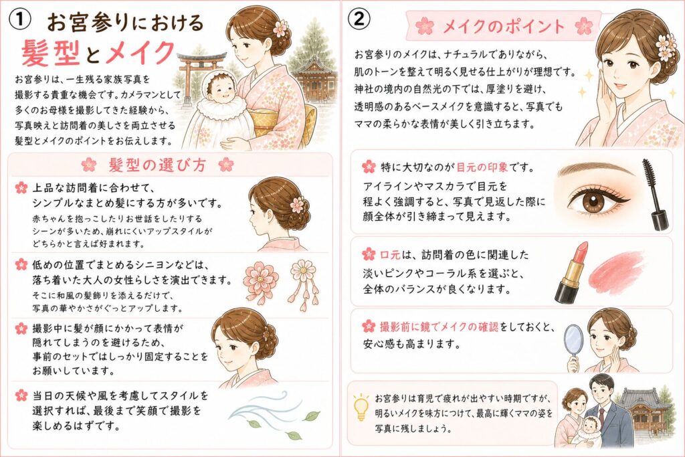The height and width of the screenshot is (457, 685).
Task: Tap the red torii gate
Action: (x=199, y=74)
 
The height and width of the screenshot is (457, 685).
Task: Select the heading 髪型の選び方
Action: (x=157, y=165)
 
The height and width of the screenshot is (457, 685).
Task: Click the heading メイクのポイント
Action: (x=504, y=26)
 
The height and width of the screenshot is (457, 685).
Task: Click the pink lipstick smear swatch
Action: (x=617, y=269)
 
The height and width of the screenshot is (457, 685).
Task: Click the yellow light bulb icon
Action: (x=361, y=406)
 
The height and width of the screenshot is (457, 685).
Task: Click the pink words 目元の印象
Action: (x=482, y=167)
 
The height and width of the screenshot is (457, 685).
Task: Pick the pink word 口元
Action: (x=390, y=255)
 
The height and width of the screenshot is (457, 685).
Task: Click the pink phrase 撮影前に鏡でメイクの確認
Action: (x=439, y=327)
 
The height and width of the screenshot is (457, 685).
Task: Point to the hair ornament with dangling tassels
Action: (x=303, y=285)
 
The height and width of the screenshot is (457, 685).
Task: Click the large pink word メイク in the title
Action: (x=140, y=52)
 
